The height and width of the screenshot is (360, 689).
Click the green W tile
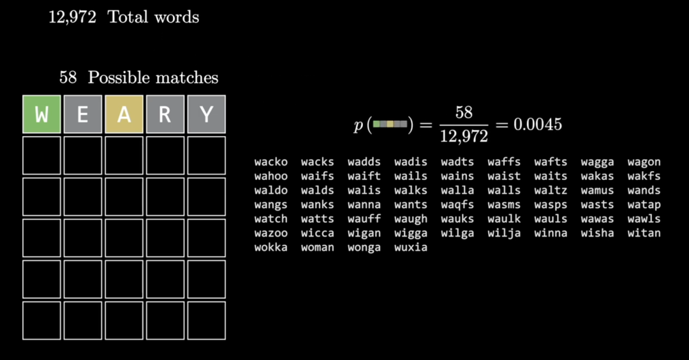pos(41,115)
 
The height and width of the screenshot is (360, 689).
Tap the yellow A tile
pos(124,115)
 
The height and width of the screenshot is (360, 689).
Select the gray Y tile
pos(206,115)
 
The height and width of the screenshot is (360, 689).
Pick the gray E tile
pos(83,115)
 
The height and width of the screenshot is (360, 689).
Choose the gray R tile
pos(165,115)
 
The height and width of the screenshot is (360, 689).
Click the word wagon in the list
pos(644,162)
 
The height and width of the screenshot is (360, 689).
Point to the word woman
pos(318,247)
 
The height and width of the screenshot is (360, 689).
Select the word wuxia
pos(411,247)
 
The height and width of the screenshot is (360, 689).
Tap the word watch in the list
pos(271,219)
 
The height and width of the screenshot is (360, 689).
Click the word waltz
pos(551,190)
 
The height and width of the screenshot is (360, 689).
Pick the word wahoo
pos(271,176)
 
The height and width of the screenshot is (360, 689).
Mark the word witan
pos(644,233)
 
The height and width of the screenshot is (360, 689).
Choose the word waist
pos(504,176)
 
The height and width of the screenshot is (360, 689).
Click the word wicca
pos(318,233)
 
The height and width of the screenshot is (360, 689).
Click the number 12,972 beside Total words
pos(72,17)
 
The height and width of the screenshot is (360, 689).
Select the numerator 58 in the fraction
pos(464,113)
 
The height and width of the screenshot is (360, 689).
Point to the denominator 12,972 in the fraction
pos(464,136)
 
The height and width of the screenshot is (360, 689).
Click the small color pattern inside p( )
pos(390,124)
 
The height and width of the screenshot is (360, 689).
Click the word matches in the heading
pos(189,78)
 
